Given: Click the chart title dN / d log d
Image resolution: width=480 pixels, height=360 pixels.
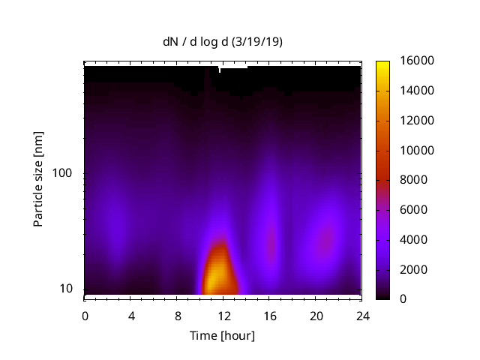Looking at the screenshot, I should tap(198, 42).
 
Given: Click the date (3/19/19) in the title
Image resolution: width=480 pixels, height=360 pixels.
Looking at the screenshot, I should tap(259, 42).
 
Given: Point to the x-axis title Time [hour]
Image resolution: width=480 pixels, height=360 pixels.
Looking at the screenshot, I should tap(222, 335).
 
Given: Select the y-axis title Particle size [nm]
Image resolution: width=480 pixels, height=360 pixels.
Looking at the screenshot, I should tap(39, 179).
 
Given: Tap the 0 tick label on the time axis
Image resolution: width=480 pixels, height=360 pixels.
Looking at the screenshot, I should tap(85, 316).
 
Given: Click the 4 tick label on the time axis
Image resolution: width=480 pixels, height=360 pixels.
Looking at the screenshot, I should tap(131, 316).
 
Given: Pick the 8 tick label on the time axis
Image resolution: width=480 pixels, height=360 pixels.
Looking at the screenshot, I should tap(177, 316).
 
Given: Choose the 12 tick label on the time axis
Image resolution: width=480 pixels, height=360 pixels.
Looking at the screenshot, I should tap(223, 316).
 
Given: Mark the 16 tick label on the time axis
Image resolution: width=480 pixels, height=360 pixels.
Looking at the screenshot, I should tap(270, 316).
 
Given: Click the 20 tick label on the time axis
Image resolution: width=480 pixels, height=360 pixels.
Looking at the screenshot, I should tap(316, 316).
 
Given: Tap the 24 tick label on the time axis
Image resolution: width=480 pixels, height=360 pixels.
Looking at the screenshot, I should tap(362, 316).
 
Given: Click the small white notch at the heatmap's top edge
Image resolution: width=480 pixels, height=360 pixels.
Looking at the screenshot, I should tap(219, 69).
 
